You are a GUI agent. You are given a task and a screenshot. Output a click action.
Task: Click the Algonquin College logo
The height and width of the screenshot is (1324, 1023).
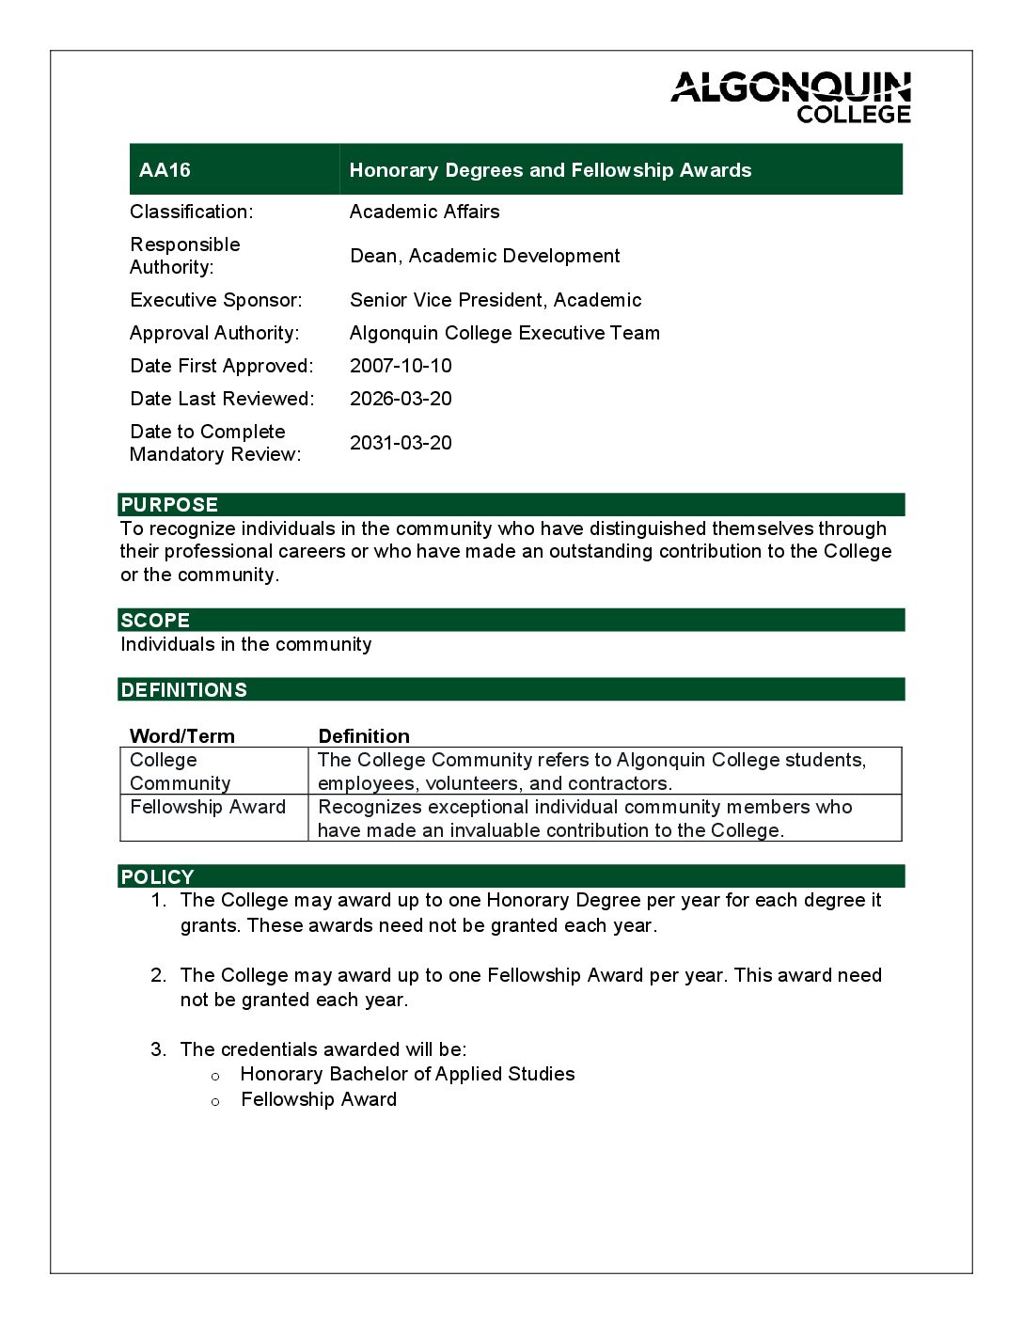791,98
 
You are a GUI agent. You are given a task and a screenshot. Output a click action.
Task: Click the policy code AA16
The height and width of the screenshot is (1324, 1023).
165,170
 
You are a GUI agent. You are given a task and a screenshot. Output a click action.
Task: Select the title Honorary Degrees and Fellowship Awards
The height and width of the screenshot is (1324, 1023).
550,170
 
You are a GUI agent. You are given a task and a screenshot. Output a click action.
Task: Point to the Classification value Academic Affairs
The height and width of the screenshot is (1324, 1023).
424,212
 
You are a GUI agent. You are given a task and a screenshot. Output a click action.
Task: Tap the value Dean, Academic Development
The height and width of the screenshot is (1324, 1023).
484,256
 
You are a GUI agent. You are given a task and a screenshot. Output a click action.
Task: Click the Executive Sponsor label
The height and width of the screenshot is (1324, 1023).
216,300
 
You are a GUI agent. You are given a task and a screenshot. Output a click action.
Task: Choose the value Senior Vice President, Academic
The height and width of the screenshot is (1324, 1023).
496,300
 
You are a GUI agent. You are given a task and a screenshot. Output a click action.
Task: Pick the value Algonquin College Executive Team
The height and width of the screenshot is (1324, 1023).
504,333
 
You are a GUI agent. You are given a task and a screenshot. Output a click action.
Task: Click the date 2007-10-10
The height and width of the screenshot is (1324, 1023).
401,366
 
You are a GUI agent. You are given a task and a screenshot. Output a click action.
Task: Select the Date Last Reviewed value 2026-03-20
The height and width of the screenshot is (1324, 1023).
401,399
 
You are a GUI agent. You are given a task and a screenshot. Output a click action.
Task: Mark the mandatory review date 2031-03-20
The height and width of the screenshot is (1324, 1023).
401,443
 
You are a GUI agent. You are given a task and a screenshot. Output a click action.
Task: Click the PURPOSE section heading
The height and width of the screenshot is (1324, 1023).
169,505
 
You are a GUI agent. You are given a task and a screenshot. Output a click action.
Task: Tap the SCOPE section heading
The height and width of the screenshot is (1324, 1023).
155,621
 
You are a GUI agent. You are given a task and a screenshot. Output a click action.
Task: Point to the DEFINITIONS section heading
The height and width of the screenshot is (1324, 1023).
183,690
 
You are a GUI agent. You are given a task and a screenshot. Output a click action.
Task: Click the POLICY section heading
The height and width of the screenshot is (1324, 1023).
157,877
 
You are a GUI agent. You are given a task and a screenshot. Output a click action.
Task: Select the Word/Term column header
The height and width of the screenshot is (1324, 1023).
181,736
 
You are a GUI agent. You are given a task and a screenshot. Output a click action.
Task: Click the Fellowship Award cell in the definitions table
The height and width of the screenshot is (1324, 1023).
208,807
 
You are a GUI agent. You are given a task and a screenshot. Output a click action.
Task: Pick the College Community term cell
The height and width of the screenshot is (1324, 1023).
180,771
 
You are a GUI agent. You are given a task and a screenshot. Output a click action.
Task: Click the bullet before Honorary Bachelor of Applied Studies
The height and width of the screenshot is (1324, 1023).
215,1076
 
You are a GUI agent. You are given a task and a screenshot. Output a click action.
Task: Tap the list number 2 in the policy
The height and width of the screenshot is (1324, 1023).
158,975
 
